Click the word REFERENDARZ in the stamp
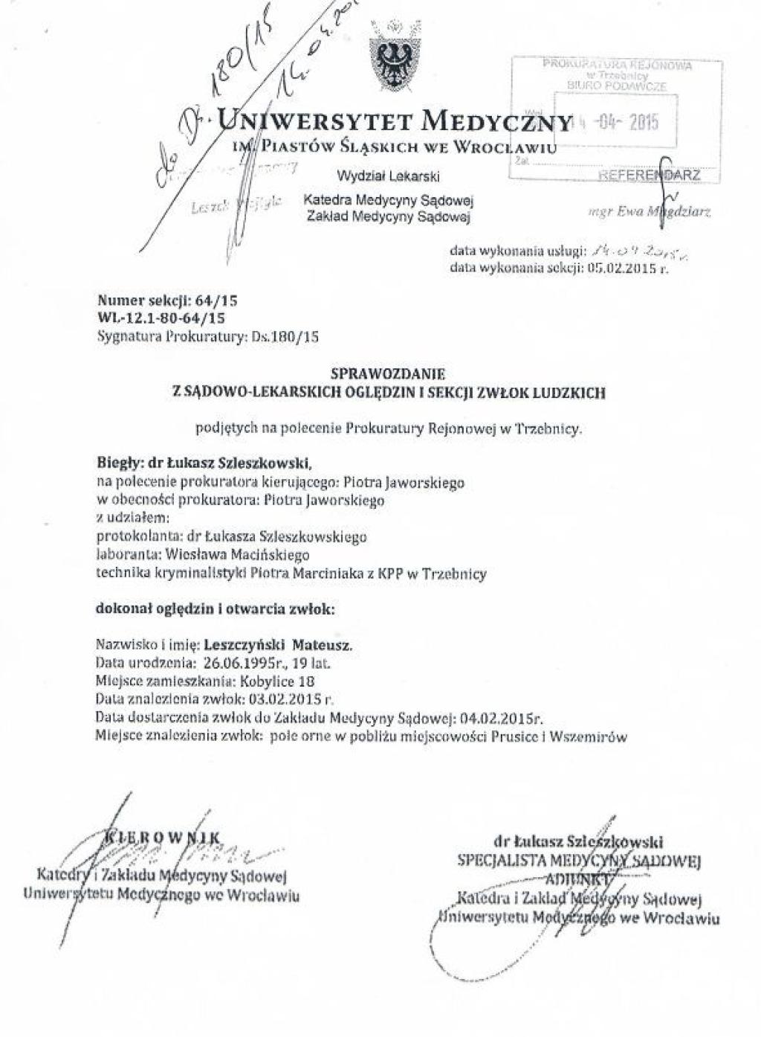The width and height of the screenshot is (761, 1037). (650, 176)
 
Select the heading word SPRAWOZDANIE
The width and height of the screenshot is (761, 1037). (388, 377)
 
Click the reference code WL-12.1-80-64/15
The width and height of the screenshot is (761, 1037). (161, 318)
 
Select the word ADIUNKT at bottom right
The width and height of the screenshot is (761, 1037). (579, 879)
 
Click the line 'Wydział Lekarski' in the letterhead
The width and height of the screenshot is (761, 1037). (388, 176)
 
